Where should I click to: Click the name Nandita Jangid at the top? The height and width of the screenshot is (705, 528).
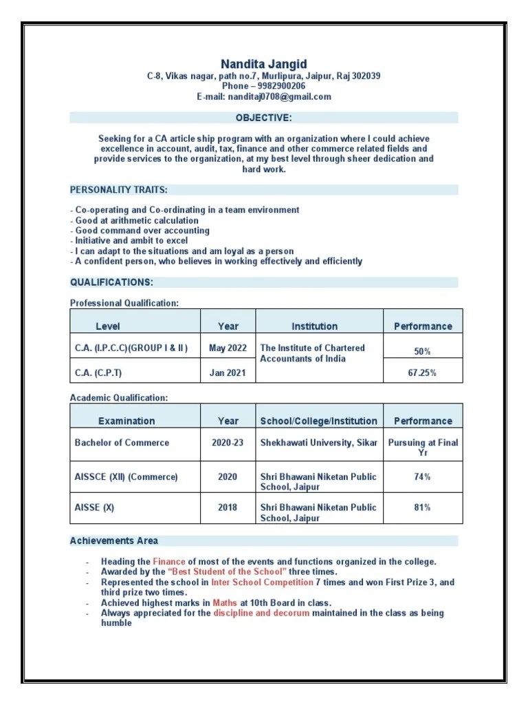pos(263,64)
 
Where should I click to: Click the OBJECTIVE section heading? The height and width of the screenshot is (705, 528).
pos(264,118)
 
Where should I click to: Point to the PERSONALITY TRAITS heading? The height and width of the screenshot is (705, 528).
pos(118,189)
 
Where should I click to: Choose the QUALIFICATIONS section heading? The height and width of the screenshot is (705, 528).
pos(111,282)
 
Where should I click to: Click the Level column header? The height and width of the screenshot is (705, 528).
pos(107,326)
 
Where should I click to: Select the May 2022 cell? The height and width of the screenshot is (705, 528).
pos(228,348)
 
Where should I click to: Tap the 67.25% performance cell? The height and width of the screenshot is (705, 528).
pos(422,373)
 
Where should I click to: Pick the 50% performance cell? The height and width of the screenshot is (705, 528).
pos(422,352)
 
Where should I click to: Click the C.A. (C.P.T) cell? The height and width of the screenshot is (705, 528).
pos(102,373)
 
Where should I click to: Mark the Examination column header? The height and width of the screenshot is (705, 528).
pos(126,421)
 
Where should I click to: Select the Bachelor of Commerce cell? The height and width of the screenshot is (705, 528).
pos(122,443)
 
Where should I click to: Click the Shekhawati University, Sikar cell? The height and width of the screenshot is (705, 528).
pos(318,443)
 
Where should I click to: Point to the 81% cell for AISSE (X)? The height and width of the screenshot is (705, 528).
pos(422,507)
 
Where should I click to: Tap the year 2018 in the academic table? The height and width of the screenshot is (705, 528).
pos(228,507)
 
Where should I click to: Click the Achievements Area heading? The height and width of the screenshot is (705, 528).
pos(113,540)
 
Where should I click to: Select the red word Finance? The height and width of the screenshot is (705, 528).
pos(169,562)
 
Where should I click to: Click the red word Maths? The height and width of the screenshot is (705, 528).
pos(225,602)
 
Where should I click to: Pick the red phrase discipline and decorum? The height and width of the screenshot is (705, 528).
pos(261,613)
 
